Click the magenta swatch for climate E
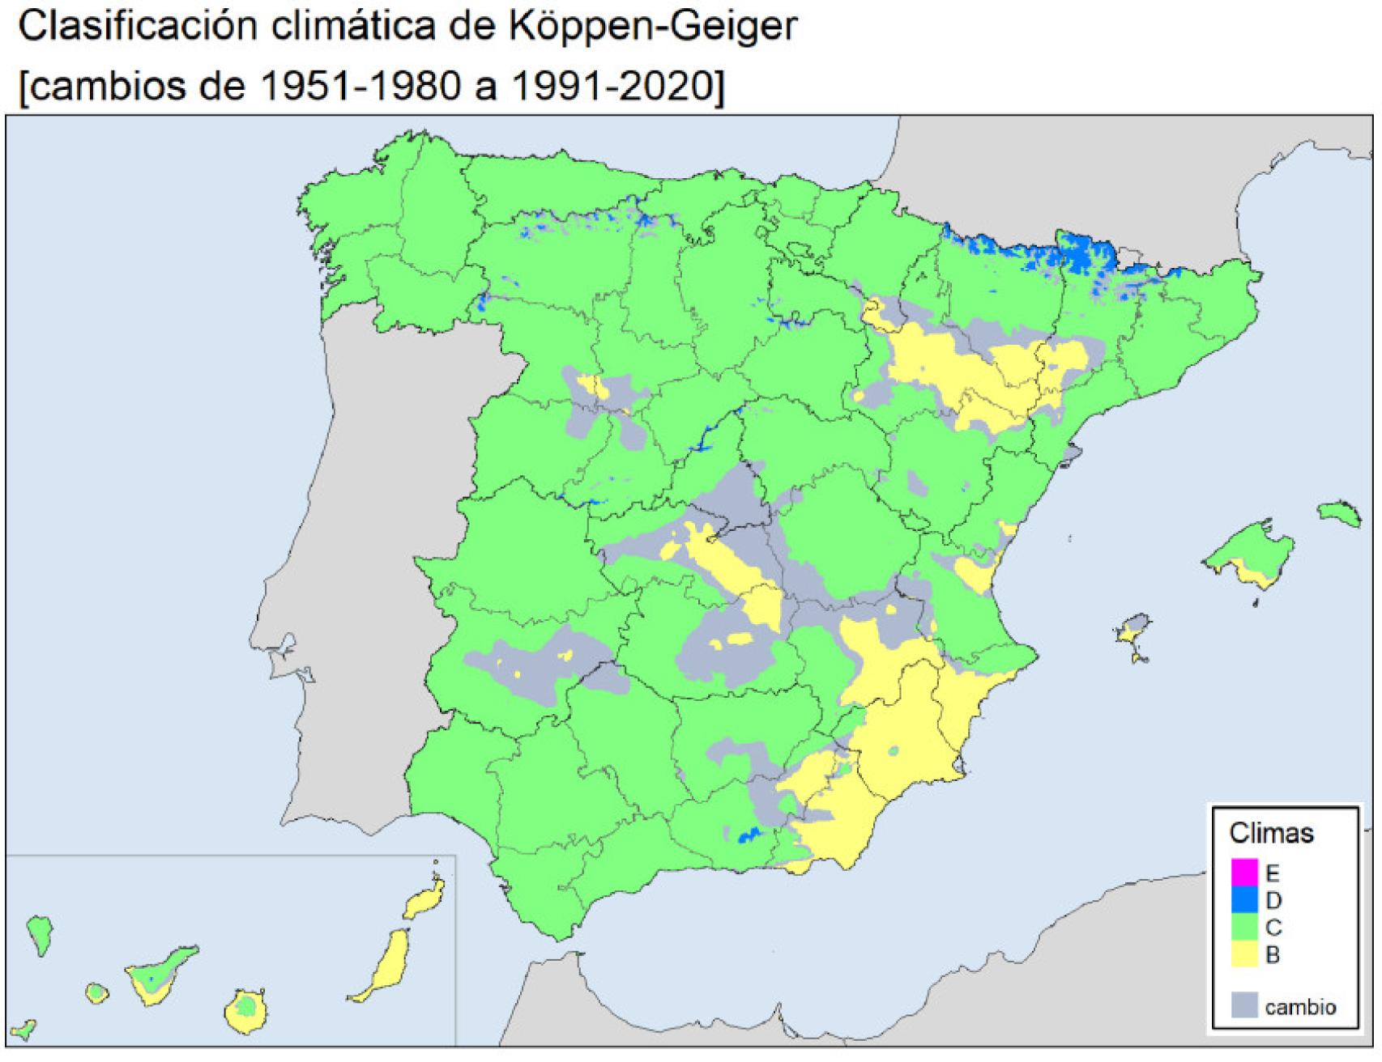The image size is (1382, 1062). click(1244, 872)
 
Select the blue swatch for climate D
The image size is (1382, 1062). click(1244, 899)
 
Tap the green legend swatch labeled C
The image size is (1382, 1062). click(1244, 927)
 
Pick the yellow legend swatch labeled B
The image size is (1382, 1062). click(1244, 954)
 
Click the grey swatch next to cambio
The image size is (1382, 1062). click(1244, 1005)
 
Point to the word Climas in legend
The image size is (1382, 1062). click(1271, 833)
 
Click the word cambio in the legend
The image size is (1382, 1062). click(1300, 1007)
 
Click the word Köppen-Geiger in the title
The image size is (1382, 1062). click(653, 27)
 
